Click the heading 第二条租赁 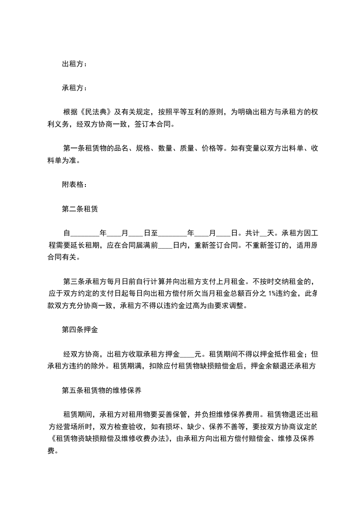[80, 209]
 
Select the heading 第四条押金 [80, 330]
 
